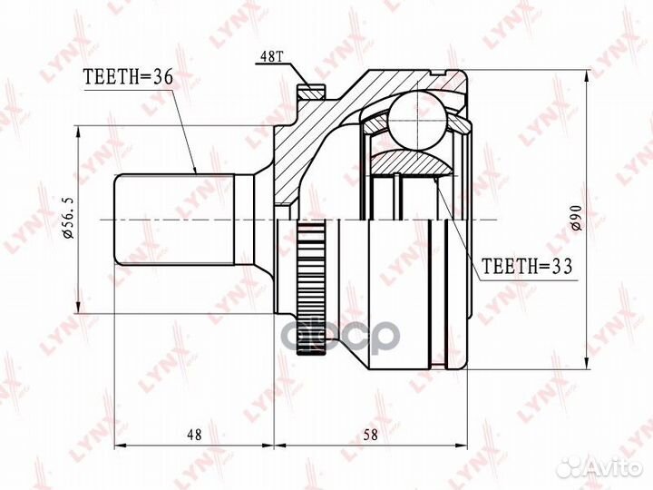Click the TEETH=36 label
point(128,76)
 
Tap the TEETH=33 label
point(527,265)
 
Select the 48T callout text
point(271,56)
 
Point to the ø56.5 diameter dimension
point(69,219)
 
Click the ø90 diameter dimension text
point(577,218)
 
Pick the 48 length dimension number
point(194,435)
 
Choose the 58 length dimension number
point(370,435)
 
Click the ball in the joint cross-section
point(418,121)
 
